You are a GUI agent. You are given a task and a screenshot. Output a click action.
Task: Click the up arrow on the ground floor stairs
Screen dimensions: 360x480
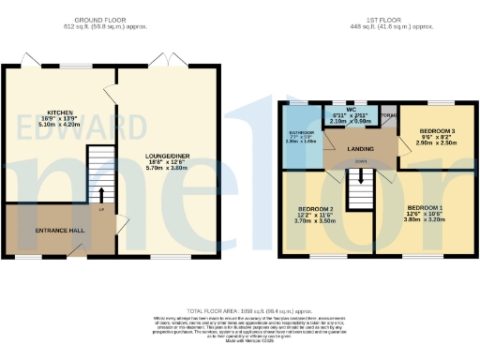click(x=101, y=194)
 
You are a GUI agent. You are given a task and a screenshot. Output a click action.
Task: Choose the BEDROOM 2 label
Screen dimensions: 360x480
click(x=317, y=208)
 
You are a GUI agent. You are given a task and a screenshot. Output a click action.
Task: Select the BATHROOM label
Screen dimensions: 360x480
click(x=301, y=133)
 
